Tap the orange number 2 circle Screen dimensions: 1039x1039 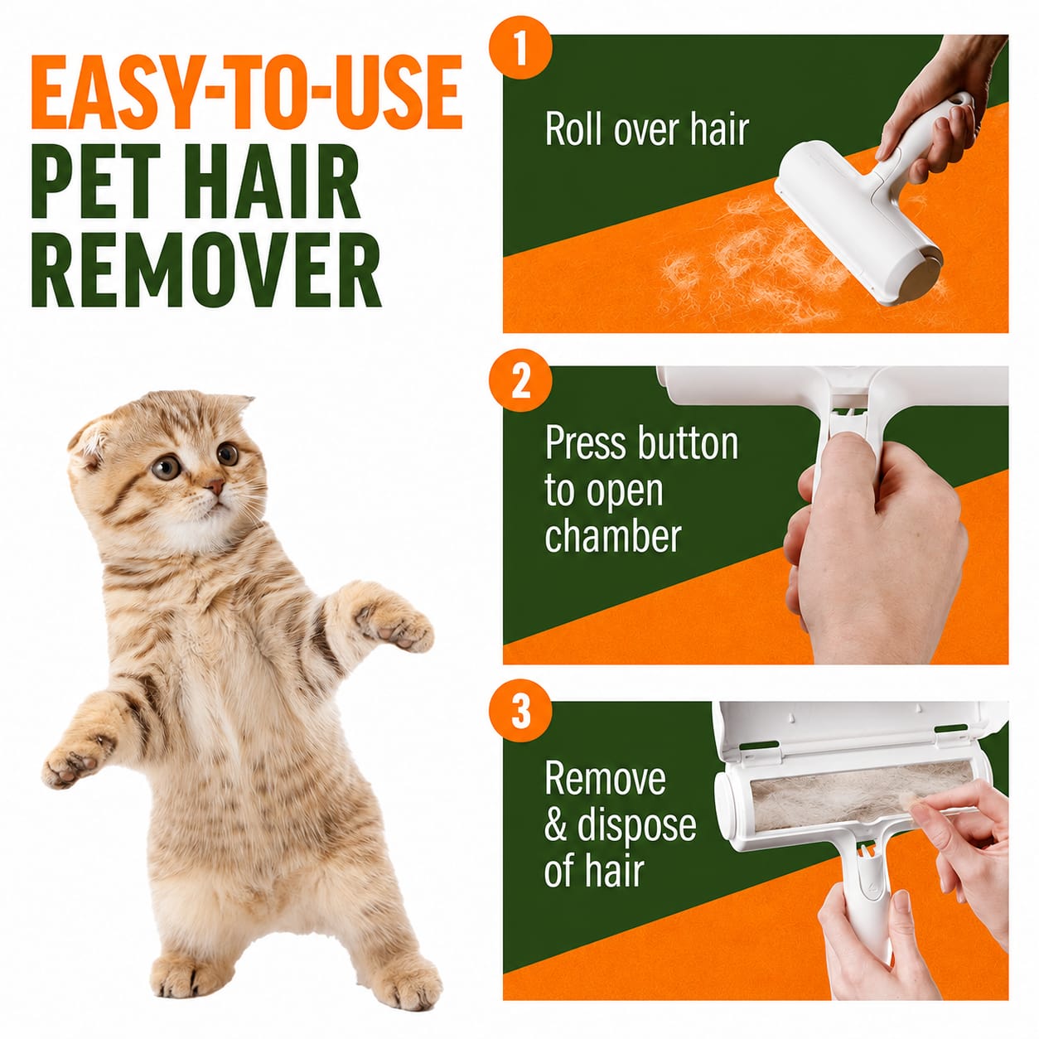520,380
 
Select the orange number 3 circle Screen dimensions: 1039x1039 520,713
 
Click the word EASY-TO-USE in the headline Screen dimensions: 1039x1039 247,91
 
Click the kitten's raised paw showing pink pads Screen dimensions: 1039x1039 394,620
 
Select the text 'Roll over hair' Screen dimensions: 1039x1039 646,129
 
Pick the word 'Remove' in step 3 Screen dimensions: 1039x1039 605,779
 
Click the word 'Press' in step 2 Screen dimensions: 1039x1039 586,442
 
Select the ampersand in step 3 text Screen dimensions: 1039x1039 555,825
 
